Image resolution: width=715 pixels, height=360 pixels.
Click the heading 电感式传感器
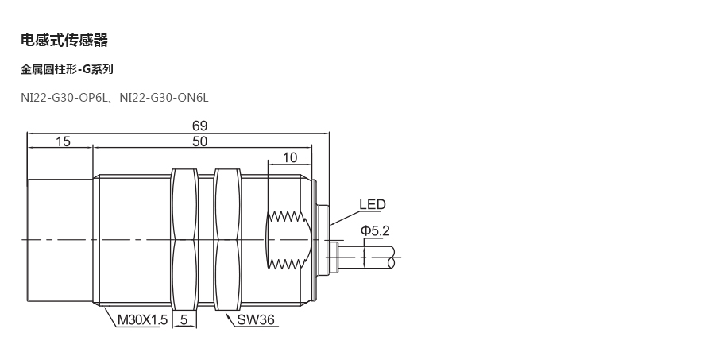point(64,41)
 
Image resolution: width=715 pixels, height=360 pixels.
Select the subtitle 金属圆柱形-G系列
point(67,70)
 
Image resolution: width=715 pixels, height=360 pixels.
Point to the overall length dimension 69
point(199,126)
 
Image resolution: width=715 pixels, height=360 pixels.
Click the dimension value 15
point(63,141)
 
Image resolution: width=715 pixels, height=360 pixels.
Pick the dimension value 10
point(289,157)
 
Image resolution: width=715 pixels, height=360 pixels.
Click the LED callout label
point(372,205)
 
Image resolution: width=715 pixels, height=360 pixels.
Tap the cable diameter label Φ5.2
point(375,231)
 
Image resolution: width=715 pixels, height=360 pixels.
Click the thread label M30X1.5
point(143,321)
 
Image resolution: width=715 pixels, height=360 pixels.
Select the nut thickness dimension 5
point(184,321)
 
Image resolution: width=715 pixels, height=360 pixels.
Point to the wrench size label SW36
point(256,321)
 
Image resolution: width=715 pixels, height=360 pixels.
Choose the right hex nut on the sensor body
point(226,238)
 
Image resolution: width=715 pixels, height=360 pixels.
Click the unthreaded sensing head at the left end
point(60,238)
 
